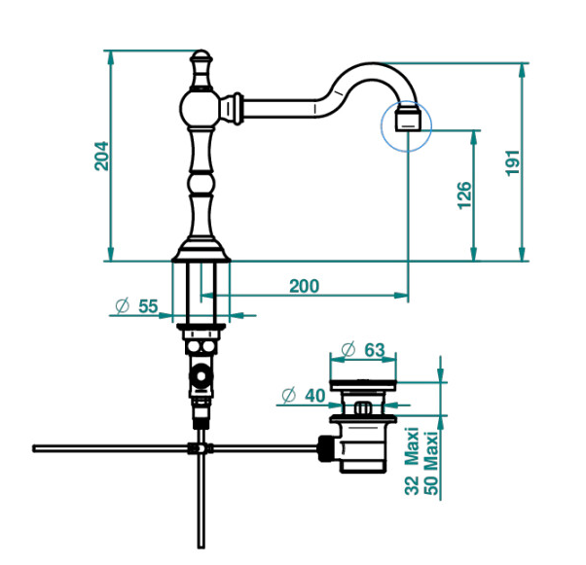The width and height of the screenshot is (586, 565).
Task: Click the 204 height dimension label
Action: (101, 156)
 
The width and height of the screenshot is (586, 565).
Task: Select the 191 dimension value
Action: (512, 162)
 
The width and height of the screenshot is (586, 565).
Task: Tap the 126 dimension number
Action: (464, 195)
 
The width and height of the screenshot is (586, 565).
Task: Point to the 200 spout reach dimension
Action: (305, 286)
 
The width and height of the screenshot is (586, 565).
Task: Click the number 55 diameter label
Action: (148, 306)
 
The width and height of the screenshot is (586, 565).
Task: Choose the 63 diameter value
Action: (375, 350)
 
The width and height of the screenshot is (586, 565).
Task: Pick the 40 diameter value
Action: (314, 396)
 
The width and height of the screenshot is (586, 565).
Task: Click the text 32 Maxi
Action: (412, 461)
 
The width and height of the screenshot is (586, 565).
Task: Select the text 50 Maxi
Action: (430, 463)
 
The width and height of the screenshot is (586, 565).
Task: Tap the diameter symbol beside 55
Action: (123, 306)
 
